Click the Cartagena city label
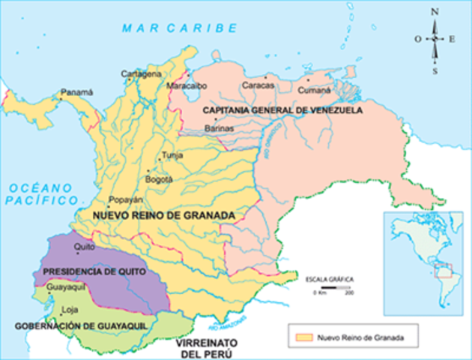(142, 73)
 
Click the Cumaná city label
(315, 89)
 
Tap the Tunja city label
(172, 155)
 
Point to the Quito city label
(84, 245)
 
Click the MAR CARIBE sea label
(175, 28)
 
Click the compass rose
(435, 40)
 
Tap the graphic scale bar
(333, 287)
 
